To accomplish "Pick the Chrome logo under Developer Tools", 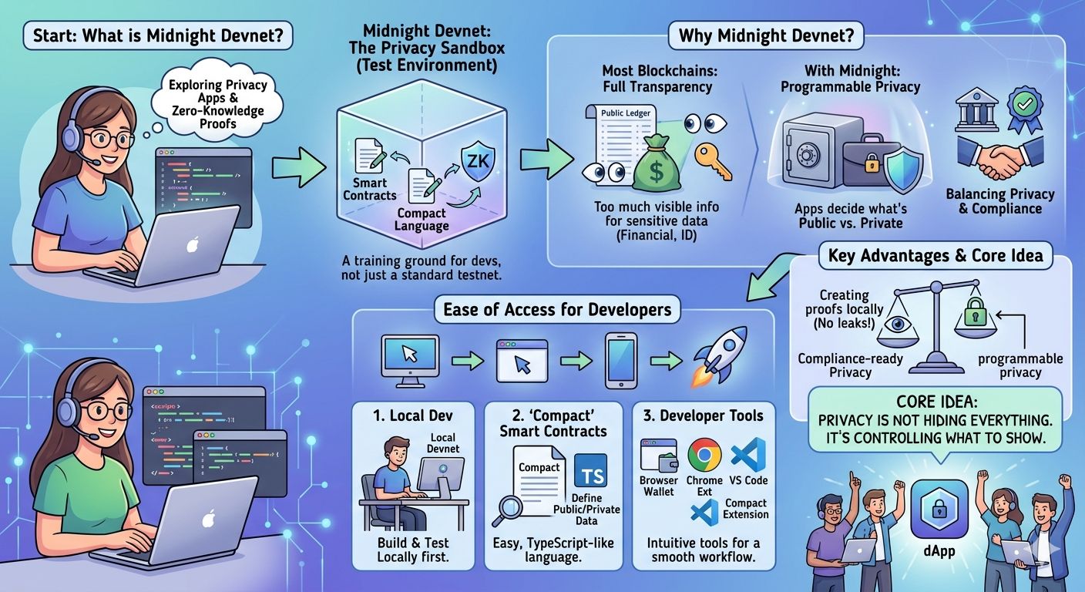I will click(704, 455).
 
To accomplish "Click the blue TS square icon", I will click(592, 472).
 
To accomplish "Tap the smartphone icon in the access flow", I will click(621, 360).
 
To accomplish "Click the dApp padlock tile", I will click(939, 508).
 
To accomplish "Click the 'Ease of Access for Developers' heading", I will click(556, 310).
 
